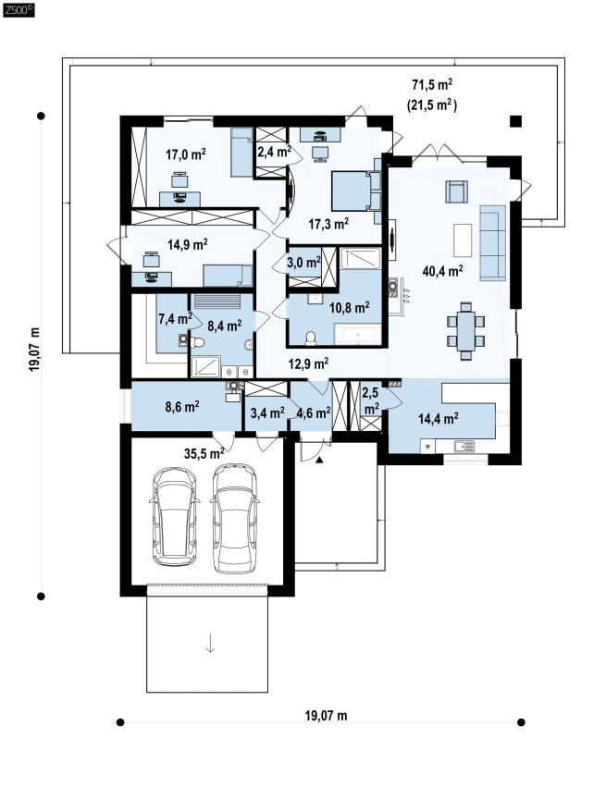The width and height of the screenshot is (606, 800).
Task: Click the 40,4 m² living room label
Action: coord(442,270)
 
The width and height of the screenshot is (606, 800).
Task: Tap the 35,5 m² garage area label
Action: coord(204,453)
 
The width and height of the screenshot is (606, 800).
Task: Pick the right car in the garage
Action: coord(235,518)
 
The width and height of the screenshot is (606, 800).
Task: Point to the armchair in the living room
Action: coord(456,191)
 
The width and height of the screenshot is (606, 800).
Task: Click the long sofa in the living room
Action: coord(492,242)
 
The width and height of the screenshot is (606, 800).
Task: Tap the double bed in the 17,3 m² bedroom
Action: coord(356,191)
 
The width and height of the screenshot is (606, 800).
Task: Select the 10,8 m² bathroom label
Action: coord(350,308)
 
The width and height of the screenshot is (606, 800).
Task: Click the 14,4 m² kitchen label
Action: coord(438,419)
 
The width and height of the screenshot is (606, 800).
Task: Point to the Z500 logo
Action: coord(19,9)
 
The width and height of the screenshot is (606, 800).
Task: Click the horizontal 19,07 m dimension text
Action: coord(327,715)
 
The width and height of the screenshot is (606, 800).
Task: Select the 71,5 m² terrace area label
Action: coord(432,83)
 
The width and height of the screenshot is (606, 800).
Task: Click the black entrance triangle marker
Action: coord(319,461)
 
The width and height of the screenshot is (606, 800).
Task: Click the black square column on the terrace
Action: coord(516,121)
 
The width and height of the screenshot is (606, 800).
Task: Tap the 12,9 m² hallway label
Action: coord(308,363)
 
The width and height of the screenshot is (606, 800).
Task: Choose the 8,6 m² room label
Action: coord(182,407)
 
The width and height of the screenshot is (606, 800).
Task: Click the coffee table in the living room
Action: coord(463,240)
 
